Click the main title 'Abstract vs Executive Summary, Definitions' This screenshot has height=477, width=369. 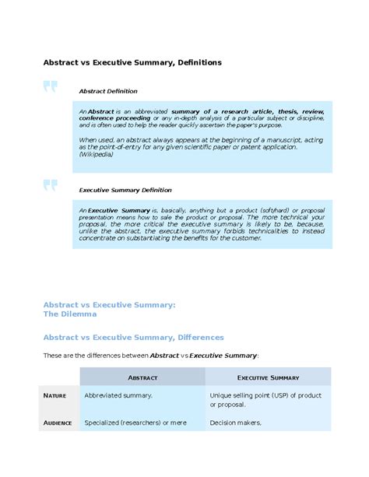132,61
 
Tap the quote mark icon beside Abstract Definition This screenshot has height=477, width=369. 51,87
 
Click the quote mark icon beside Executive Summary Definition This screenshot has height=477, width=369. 51,185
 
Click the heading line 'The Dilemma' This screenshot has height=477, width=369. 70,314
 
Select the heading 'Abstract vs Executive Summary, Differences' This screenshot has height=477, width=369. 133,338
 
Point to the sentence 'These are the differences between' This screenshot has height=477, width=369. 95,356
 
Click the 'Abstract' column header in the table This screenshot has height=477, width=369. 142,377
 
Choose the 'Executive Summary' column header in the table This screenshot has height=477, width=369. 268,377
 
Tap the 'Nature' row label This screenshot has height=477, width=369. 54,396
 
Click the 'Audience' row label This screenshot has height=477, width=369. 58,423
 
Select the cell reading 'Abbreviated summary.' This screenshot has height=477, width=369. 118,395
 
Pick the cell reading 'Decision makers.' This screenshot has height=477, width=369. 236,423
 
